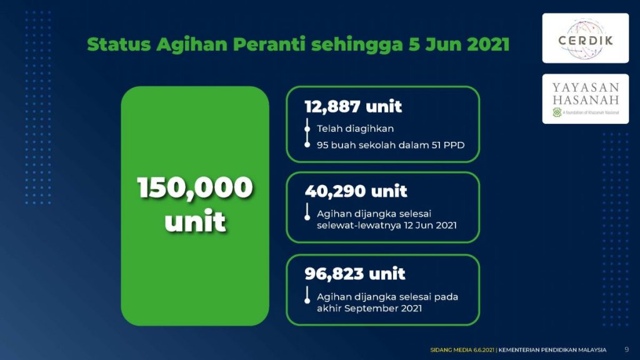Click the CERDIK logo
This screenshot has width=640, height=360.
pyautogui.click(x=585, y=38)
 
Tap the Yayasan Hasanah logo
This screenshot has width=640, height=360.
pyautogui.click(x=585, y=99)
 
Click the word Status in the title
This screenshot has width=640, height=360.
pyautogui.click(x=119, y=44)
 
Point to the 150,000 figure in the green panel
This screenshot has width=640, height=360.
pyautogui.click(x=195, y=187)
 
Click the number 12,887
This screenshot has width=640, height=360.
pyautogui.click(x=332, y=106)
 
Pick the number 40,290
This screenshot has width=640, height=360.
pyautogui.click(x=335, y=191)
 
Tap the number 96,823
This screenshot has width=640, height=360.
pyautogui.click(x=334, y=274)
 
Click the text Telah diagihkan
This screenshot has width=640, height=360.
pyautogui.click(x=355, y=129)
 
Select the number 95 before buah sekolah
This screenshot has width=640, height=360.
pyautogui.click(x=322, y=145)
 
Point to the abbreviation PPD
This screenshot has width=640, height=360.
pyautogui.click(x=455, y=145)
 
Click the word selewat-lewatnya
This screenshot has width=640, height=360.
pyautogui.click(x=359, y=225)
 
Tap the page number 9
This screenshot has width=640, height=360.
pyautogui.click(x=626, y=349)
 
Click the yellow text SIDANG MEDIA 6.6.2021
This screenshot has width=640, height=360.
pyautogui.click(x=462, y=350)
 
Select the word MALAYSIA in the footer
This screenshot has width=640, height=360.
pyautogui.click(x=592, y=350)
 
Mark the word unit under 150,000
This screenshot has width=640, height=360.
pyautogui.click(x=195, y=221)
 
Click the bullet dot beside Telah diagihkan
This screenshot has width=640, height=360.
pyautogui.click(x=307, y=129)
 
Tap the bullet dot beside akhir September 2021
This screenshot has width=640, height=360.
pyautogui.click(x=307, y=301)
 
